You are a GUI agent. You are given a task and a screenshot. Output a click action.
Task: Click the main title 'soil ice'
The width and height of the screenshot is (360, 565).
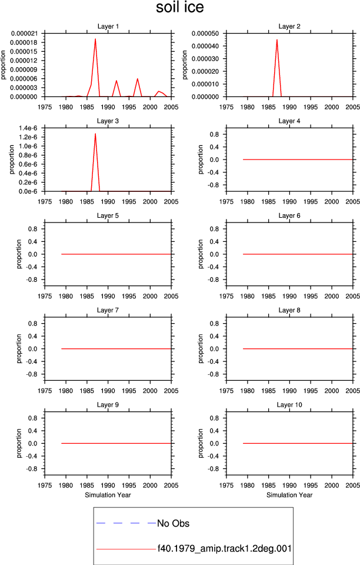(179, 7)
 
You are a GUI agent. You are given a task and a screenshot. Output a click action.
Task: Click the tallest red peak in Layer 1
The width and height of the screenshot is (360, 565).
(95, 39)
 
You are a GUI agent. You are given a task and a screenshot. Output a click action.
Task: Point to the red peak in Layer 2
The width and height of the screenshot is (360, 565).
(277, 39)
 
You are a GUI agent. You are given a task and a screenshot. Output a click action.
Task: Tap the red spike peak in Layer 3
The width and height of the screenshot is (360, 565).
(95, 134)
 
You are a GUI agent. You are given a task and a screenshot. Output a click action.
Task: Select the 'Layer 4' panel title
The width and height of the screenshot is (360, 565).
(289, 121)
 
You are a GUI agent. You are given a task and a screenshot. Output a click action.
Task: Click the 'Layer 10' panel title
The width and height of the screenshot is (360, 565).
(289, 405)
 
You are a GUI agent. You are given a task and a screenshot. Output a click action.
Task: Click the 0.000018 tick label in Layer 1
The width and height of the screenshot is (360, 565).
(24, 42)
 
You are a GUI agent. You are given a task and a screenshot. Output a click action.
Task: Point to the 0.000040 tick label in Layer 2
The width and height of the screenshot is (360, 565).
(205, 46)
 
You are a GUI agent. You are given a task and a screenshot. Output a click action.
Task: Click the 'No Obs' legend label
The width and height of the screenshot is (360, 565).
(173, 523)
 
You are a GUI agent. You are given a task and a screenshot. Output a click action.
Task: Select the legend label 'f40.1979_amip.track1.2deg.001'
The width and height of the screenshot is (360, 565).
(224, 549)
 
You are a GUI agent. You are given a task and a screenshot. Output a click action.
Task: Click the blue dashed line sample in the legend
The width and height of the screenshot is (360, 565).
(126, 523)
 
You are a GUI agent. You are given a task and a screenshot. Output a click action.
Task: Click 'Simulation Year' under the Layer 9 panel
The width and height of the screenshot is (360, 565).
(108, 495)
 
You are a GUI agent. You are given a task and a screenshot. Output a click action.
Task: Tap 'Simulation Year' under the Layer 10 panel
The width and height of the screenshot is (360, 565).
(289, 495)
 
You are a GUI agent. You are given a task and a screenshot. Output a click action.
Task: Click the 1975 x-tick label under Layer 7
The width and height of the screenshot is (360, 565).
(45, 391)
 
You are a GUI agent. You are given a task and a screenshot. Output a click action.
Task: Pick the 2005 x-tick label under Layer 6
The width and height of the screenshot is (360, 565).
(352, 296)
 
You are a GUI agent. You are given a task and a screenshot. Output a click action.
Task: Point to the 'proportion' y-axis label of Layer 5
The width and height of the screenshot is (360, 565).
(19, 254)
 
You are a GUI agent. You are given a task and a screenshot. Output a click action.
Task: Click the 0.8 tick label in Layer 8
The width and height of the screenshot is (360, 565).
(214, 324)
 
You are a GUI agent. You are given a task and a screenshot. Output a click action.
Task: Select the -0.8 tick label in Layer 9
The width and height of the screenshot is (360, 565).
(31, 469)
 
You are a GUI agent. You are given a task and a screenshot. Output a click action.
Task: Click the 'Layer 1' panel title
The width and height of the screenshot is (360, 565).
(108, 26)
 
